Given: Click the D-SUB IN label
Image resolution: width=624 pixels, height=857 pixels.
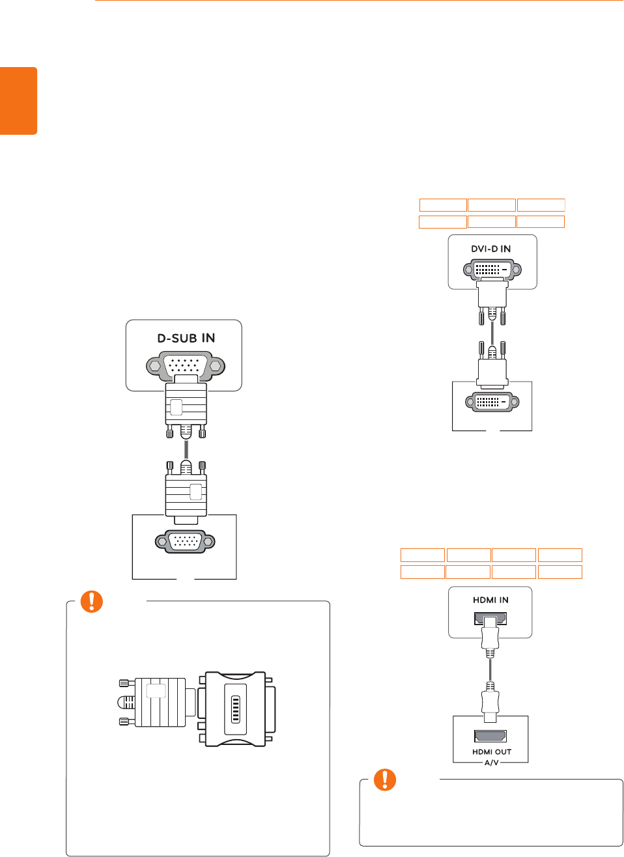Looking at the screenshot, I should coord(186,338).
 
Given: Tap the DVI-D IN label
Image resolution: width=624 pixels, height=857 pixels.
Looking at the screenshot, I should coord(491,249).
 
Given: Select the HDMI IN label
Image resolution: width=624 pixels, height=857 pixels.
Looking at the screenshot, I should coord(490,600).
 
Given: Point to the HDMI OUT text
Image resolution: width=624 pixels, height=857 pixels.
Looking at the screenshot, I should coord(492,752).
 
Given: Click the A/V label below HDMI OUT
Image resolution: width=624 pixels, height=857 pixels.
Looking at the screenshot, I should coord(491,762).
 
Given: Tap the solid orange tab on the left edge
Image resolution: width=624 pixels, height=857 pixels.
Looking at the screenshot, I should coord(18,101).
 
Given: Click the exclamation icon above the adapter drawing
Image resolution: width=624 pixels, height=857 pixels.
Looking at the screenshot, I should coord(92,602).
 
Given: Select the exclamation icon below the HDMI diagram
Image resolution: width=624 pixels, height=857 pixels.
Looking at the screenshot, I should coord(385,780).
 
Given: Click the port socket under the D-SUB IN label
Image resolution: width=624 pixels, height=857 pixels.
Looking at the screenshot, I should coord(186,366).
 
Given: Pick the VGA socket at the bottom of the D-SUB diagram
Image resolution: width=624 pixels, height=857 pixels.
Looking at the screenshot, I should coord(185,542).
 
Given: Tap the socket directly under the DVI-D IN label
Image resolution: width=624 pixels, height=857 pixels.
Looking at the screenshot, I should coord(492,269).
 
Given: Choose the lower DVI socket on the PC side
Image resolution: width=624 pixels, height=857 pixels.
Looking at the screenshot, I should coord(492,402).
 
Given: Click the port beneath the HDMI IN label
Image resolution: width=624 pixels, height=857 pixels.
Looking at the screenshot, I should coord(490,619).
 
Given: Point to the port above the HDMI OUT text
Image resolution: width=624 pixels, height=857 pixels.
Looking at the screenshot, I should coord(490,737).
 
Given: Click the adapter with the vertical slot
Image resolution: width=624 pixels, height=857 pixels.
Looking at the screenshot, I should coord(236,709).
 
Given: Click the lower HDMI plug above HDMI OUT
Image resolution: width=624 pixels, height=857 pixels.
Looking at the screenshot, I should coord(490,702).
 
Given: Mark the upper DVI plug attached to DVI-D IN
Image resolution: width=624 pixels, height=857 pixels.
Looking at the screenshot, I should coord(492,296).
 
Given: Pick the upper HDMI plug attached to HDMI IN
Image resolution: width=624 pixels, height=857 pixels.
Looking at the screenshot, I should coord(490,637).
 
